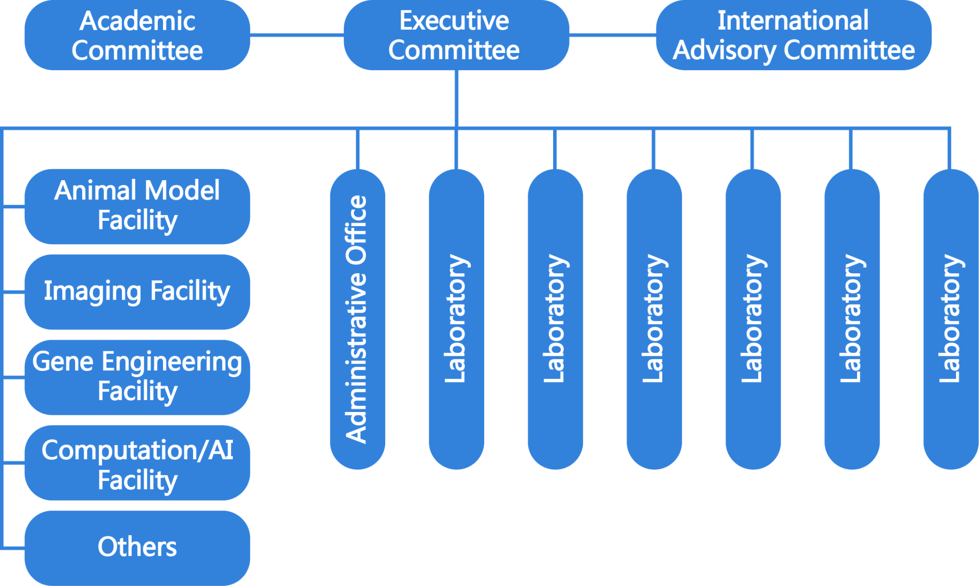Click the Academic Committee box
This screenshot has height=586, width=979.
137,35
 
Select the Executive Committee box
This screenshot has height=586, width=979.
456,35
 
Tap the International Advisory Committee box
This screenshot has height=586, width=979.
794,35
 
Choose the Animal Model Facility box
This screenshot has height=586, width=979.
137,206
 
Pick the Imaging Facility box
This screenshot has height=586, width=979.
137,292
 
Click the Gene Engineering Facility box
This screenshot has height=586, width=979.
137,377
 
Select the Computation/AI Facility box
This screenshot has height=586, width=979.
137,463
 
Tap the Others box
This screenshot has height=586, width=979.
137,548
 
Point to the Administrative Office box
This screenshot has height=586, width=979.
358,319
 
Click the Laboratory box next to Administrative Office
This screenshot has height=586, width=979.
457,319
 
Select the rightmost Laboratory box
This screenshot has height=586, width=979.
950,319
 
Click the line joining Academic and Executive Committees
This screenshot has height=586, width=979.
297,34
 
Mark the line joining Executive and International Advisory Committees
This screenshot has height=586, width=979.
612,34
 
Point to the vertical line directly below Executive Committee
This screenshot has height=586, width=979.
457,98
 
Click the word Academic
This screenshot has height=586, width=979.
138,21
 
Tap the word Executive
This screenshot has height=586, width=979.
454,21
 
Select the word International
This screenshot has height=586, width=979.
793,21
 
